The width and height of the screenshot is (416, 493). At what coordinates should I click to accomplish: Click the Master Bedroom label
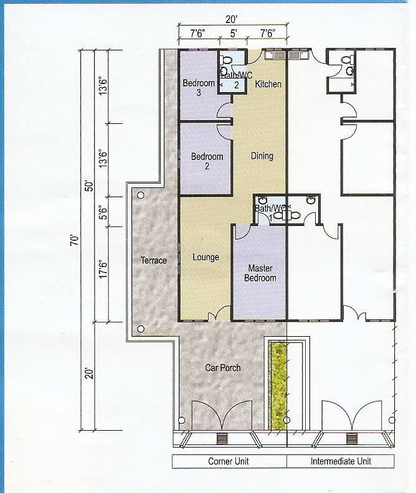260,273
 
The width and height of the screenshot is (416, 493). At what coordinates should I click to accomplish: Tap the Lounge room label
206,257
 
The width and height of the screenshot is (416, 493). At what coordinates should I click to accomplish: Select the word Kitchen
268,84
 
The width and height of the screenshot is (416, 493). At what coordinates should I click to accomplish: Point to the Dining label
262,156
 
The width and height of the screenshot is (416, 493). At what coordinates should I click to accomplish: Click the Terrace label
153,260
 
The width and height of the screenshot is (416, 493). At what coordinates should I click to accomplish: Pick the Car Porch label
222,367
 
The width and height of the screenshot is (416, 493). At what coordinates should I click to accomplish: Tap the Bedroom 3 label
199,87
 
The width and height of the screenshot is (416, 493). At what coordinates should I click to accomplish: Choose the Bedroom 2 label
207,161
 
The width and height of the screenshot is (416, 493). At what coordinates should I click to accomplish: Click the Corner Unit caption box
230,461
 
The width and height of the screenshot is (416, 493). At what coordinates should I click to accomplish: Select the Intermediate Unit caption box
341,461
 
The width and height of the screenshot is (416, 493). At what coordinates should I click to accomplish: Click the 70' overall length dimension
75,240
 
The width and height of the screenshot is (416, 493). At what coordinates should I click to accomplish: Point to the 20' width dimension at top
231,19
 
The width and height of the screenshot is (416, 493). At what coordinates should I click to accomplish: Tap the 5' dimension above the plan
233,34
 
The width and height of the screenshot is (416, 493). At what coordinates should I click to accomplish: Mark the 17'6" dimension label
103,268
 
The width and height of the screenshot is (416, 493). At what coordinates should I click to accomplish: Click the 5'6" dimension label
103,213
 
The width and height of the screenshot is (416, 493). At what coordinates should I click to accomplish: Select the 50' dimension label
90,186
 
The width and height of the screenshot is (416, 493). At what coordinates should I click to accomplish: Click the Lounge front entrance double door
219,313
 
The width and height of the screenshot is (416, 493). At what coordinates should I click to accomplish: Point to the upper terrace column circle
141,195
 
